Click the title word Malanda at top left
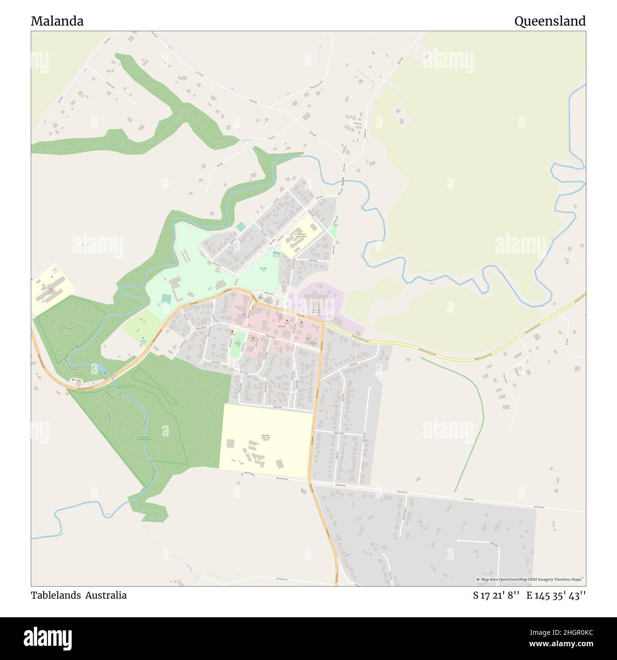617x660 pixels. tap(57, 21)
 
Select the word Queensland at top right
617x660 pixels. tap(550, 21)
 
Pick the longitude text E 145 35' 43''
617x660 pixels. tap(556, 595)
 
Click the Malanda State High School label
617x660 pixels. tap(265, 437)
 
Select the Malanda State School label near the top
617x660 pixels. tap(302, 235)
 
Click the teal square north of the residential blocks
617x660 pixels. tap(242, 226)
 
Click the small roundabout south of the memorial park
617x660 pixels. tap(232, 363)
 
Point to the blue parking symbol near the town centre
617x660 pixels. tap(260, 297)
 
